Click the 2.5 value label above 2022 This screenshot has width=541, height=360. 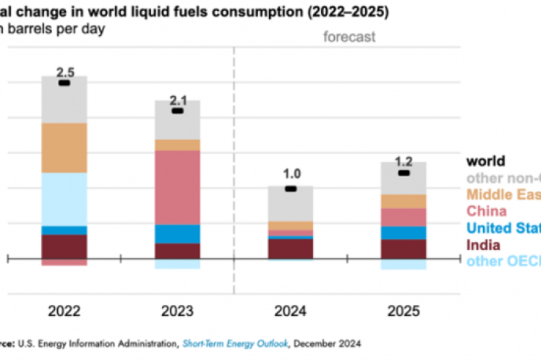[64, 72]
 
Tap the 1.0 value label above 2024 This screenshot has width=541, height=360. [290, 174]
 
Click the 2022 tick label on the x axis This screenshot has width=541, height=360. [64, 312]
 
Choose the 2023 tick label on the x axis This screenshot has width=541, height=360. [177, 312]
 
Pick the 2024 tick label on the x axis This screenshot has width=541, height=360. [290, 312]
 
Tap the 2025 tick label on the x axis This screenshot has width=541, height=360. [404, 312]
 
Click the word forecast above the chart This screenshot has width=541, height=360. [349, 37]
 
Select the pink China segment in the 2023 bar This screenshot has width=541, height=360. [177, 187]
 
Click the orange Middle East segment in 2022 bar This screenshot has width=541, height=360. [64, 147]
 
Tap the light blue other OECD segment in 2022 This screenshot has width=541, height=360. [64, 199]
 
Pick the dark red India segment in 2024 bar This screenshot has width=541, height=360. [290, 248]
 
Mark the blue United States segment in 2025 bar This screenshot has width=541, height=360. [404, 233]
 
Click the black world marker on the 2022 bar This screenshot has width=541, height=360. [64, 83]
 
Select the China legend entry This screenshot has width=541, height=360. [487, 211]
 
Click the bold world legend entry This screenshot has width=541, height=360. [486, 160]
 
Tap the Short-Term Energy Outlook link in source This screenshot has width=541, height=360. [226, 343]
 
